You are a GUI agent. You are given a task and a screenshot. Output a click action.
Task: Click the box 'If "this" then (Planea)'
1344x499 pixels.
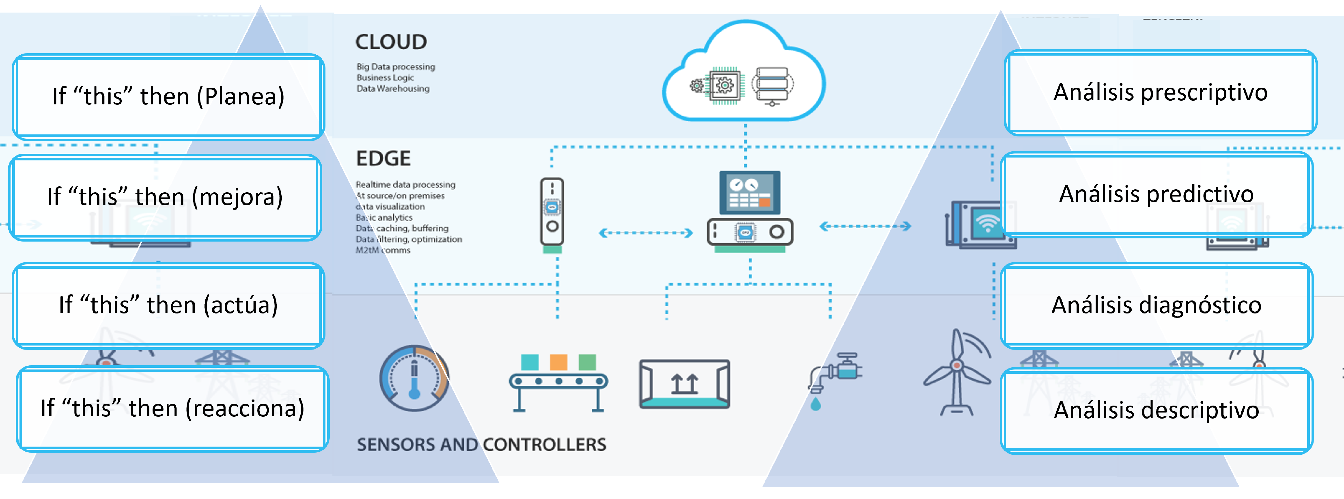168,97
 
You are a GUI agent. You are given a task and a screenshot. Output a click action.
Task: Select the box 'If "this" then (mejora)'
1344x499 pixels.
165,197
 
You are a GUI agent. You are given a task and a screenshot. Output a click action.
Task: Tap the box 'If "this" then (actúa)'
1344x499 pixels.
168,305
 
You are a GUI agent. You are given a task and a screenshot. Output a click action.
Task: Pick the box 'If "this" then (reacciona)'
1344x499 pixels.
172,409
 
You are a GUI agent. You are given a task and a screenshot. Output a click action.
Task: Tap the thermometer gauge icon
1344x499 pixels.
414,378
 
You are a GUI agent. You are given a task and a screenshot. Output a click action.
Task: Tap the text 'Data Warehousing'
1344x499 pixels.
393,89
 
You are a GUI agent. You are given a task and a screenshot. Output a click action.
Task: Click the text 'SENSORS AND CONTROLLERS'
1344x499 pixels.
481,445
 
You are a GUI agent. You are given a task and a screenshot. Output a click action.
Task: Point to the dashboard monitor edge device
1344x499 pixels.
750,211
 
